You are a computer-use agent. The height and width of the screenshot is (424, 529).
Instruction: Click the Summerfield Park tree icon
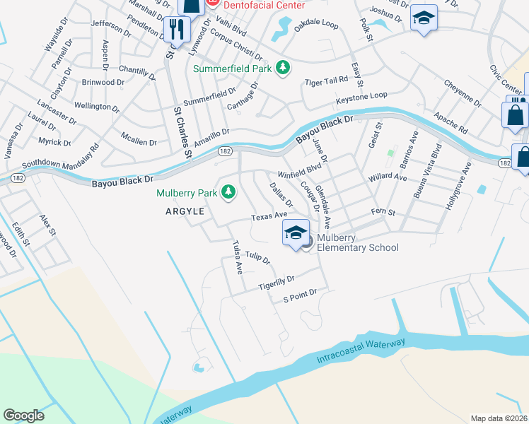(283, 67)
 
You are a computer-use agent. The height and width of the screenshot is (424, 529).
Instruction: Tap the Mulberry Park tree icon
(228, 192)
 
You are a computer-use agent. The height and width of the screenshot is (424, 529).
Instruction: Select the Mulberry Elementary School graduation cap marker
(296, 234)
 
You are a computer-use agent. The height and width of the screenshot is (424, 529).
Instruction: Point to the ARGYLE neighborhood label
(185, 211)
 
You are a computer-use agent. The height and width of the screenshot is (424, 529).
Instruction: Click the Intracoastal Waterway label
(361, 353)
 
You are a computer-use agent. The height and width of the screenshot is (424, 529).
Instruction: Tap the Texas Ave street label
(270, 216)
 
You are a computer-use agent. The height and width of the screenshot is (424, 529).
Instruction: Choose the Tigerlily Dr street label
(276, 283)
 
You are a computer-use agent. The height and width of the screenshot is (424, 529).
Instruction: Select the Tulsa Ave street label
(238, 257)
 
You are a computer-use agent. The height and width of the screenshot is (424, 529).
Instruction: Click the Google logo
(24, 415)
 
